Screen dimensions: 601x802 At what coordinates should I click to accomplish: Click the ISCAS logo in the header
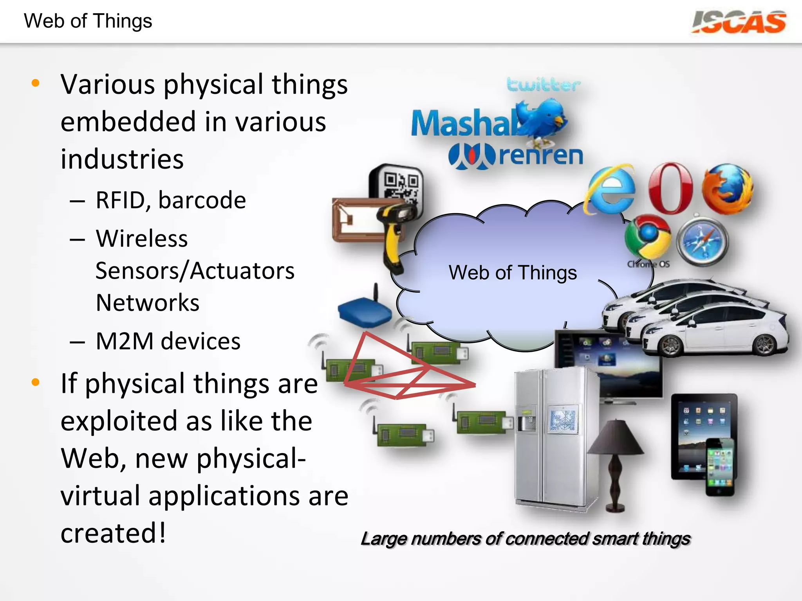[x=739, y=22]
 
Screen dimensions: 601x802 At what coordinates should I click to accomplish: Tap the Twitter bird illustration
[x=542, y=118]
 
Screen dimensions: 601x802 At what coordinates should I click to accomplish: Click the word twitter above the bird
[x=543, y=84]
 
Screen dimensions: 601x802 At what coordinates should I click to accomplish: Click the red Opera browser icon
[x=670, y=188]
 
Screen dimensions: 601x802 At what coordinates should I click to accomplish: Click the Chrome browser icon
[x=648, y=236]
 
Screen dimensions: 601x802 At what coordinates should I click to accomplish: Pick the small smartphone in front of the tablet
[x=720, y=467]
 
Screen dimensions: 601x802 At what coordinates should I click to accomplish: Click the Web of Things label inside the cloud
[x=513, y=272]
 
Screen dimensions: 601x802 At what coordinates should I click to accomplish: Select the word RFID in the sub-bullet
[x=120, y=200]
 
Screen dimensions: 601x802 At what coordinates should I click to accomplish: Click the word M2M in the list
[x=125, y=341]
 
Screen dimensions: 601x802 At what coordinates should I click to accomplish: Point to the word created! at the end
[x=114, y=533]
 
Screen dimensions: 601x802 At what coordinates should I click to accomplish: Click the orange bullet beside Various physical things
[x=36, y=83]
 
